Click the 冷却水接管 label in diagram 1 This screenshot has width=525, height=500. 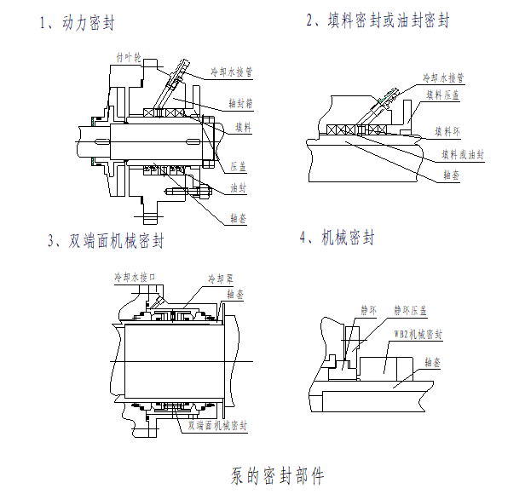(x=233, y=72)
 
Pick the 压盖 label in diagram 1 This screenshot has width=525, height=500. (x=239, y=166)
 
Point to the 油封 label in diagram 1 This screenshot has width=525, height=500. (x=239, y=187)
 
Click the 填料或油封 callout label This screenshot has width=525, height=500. (x=462, y=155)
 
